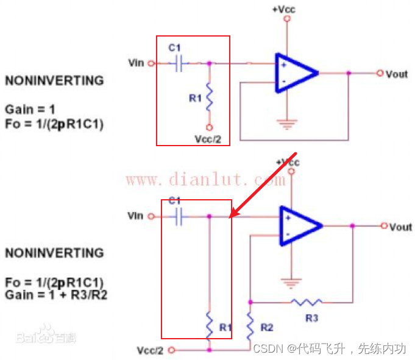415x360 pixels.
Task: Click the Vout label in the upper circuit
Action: pyautogui.click(x=397, y=74)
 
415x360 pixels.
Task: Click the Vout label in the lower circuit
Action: pyautogui.click(x=401, y=227)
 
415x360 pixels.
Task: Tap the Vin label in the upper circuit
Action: pyautogui.click(x=136, y=62)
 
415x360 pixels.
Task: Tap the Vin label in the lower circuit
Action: pyautogui.click(x=136, y=216)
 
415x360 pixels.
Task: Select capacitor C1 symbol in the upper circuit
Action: pyautogui.click(x=179, y=63)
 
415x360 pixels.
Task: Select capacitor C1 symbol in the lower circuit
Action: pyautogui.click(x=178, y=216)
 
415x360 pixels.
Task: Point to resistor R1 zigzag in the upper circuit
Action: pyautogui.click(x=209, y=98)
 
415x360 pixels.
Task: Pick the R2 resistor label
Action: pyautogui.click(x=266, y=327)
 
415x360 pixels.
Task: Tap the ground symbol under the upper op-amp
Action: pyautogui.click(x=285, y=125)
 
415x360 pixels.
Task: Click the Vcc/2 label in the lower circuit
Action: pyautogui.click(x=151, y=350)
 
